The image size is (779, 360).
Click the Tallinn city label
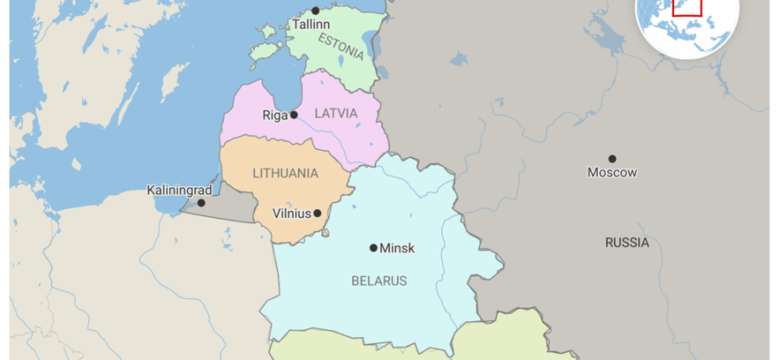tap(311, 25)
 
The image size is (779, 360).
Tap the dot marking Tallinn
tap(316, 11)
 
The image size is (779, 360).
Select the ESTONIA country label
tap(341, 46)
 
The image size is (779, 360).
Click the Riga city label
tap(274, 115)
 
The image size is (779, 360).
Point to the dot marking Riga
tap(294, 114)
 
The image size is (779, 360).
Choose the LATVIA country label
tap(336, 113)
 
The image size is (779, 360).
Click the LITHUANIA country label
tap(285, 173)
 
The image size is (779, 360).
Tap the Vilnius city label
tap(291, 213)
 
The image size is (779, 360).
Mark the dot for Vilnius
tap(318, 213)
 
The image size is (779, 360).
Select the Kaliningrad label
tap(179, 190)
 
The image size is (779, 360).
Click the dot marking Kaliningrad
tap(202, 202)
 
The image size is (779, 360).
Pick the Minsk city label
tap(397, 248)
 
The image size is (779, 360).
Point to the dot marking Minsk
tap(373, 248)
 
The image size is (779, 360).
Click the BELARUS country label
tap(378, 280)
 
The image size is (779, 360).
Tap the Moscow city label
tap(612, 173)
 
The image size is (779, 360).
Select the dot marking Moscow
tap(612, 158)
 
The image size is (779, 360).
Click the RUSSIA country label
tap(627, 242)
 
